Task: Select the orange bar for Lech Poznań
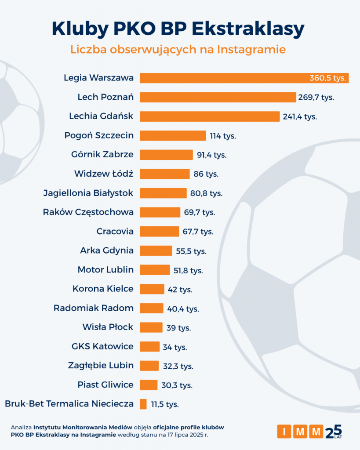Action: [x=218, y=97]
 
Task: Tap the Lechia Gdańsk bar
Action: [x=210, y=116]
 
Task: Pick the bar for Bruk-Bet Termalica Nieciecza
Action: [x=143, y=404]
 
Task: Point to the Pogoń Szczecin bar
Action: [x=173, y=136]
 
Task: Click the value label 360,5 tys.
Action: [x=328, y=78]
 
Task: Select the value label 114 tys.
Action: [x=223, y=136]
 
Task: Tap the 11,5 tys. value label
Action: [x=165, y=404]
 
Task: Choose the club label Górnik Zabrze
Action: [x=102, y=155]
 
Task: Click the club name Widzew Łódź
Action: [x=104, y=174]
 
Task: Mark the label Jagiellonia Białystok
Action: [x=88, y=193]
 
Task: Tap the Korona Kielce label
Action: [x=103, y=289]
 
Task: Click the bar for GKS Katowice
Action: [x=149, y=347]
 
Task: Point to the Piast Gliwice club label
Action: [x=105, y=385]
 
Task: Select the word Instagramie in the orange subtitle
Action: [x=251, y=50]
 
